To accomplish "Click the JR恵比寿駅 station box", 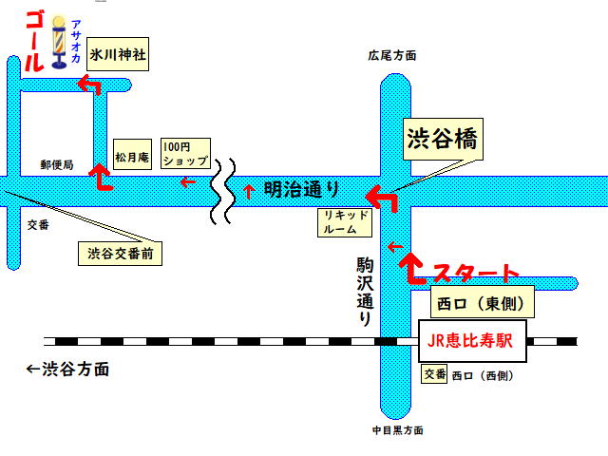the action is pyautogui.click(x=472, y=341).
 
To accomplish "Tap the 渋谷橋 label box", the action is pyautogui.click(x=443, y=140).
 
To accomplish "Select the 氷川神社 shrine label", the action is pyautogui.click(x=118, y=54).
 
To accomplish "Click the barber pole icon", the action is pyautogui.click(x=59, y=43).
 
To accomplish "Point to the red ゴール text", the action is pyautogui.click(x=34, y=41).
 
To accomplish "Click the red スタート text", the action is pyautogui.click(x=476, y=273).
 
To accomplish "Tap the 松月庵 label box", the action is pyautogui.click(x=132, y=154).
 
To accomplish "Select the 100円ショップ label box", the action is pyautogui.click(x=186, y=154).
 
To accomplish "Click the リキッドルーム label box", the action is pyautogui.click(x=345, y=222).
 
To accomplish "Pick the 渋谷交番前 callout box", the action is pyautogui.click(x=121, y=254).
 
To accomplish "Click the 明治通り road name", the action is pyautogui.click(x=301, y=190).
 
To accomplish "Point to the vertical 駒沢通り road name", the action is pyautogui.click(x=365, y=292).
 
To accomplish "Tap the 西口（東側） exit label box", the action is pyautogui.click(x=482, y=302).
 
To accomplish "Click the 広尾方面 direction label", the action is pyautogui.click(x=392, y=56).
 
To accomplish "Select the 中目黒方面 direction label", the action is pyautogui.click(x=398, y=430).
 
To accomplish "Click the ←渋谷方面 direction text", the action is pyautogui.click(x=67, y=370).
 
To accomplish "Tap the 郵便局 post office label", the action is pyautogui.click(x=57, y=164).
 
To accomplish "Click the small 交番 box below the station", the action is pyautogui.click(x=434, y=373).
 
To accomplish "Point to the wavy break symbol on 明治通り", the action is pyautogui.click(x=223, y=191).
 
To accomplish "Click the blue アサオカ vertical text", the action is pyautogui.click(x=76, y=42).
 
